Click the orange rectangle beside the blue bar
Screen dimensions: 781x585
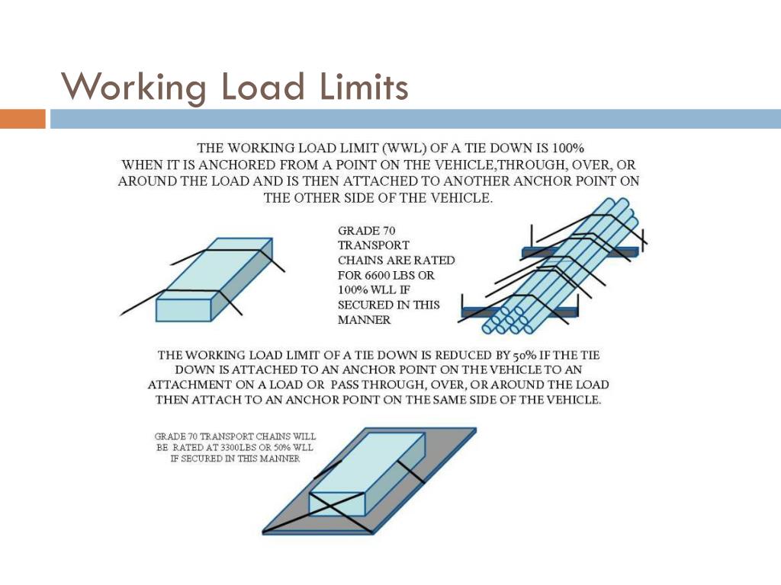click(23, 120)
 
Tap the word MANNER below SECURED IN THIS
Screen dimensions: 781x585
click(364, 319)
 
